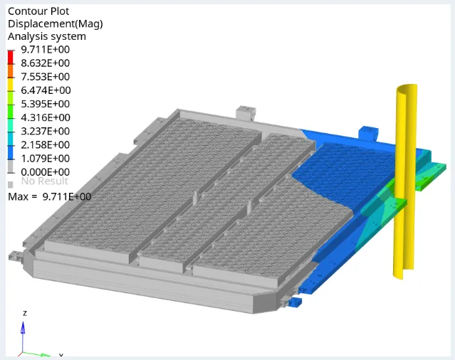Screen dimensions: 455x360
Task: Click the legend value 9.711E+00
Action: pos(46,50)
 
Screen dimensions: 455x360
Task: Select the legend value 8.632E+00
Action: pos(46,63)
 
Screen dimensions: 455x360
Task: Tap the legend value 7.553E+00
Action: pos(46,77)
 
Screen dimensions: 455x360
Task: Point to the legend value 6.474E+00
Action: pos(46,90)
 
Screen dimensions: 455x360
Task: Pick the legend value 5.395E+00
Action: pos(46,104)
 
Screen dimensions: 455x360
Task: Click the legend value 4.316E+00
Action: pos(46,117)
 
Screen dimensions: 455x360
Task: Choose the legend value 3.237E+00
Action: pos(46,132)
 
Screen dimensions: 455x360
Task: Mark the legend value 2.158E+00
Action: pos(46,145)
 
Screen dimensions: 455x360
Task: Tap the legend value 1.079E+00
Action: pos(46,159)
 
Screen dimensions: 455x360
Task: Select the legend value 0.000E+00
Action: pos(46,172)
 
